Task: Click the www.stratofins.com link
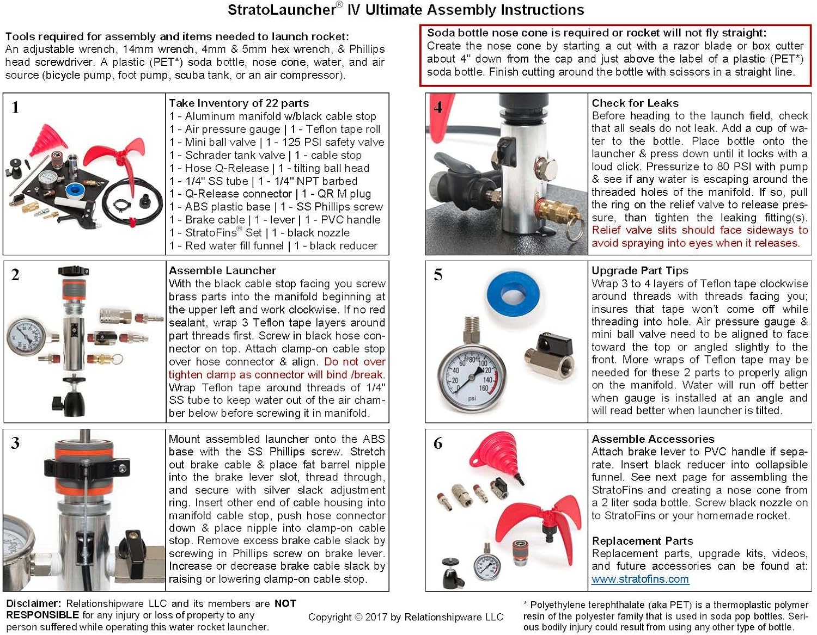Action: [x=640, y=579]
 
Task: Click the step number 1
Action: [x=15, y=107]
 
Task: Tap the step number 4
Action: [x=438, y=107]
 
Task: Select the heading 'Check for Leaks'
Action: [x=635, y=103]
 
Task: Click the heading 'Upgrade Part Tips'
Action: [x=639, y=270]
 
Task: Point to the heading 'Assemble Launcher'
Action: [x=222, y=270]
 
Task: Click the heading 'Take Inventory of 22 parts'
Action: [x=239, y=103]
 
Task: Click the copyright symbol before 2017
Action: [x=358, y=617]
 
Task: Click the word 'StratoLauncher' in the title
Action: [x=281, y=10]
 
